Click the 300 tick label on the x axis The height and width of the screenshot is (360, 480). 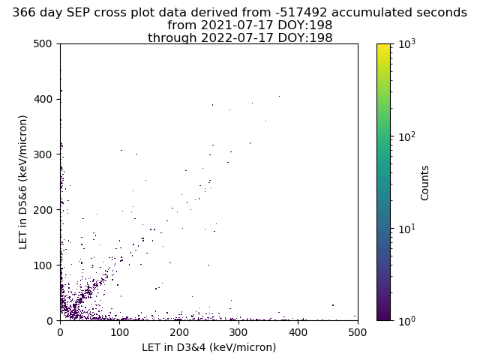coord(238,332)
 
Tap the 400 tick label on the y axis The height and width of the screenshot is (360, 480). coord(43,99)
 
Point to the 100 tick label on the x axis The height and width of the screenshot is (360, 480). coord(120,332)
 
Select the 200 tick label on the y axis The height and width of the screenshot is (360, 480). coord(43,210)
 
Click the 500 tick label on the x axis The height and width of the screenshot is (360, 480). coord(358,332)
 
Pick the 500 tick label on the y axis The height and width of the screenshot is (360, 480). coord(43,43)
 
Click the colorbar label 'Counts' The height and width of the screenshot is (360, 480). coord(424,183)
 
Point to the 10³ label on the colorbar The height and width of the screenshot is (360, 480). coord(407,43)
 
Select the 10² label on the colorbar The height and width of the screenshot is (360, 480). coord(407,136)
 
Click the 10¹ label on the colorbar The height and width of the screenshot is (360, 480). coord(407,228)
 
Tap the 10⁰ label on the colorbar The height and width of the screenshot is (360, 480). coord(407,320)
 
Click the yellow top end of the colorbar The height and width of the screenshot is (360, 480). coord(383,45)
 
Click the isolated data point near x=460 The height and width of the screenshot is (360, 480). coord(333,305)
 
